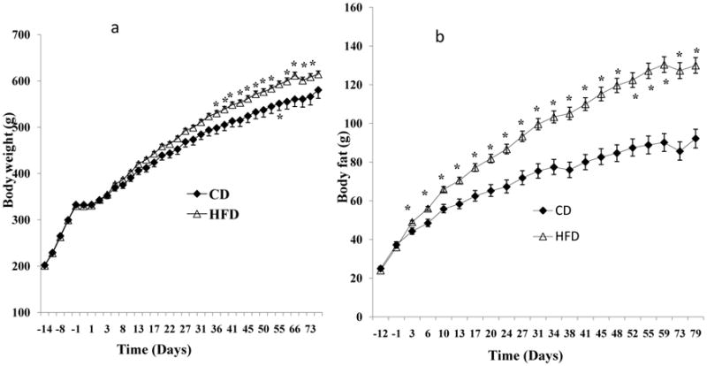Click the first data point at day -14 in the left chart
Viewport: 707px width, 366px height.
click(x=44, y=265)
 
